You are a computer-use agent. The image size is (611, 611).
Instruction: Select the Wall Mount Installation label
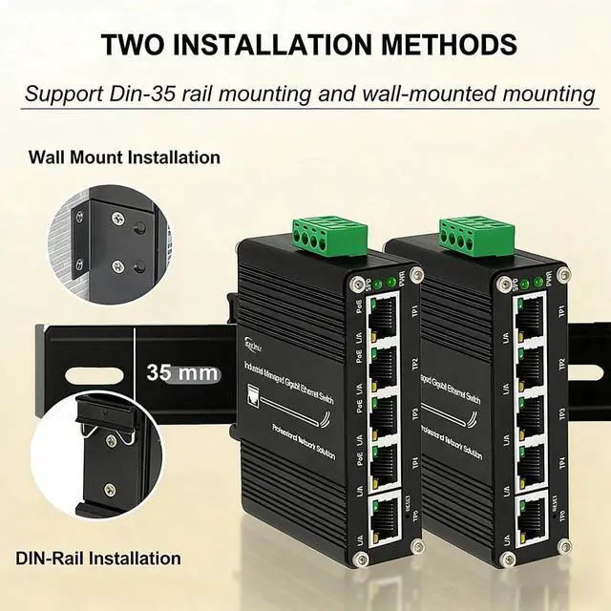(x=124, y=157)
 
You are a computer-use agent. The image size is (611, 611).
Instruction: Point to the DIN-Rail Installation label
(x=98, y=558)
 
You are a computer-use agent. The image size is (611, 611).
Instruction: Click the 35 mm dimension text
(x=182, y=372)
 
